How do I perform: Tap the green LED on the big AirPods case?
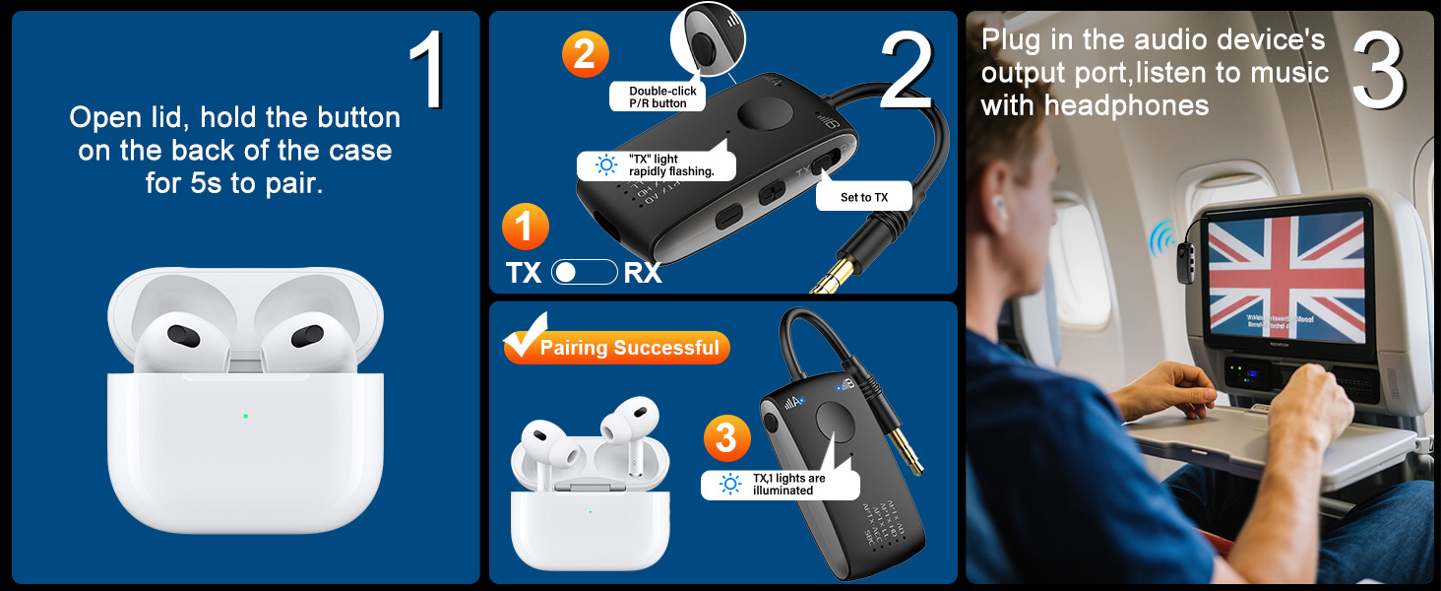click(x=245, y=416)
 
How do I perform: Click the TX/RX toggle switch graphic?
click(x=584, y=272)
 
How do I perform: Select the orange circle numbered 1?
click(x=525, y=228)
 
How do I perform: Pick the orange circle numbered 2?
click(x=585, y=54)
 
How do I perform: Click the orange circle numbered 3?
click(x=726, y=438)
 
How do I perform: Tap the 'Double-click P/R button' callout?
click(x=662, y=97)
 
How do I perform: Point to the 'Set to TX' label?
click(x=863, y=197)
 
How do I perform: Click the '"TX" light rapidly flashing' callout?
click(x=656, y=165)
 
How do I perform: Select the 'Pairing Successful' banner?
click(x=617, y=347)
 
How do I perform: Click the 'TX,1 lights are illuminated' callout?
click(x=780, y=484)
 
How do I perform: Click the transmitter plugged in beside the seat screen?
click(x=1181, y=252)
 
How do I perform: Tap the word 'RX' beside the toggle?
click(x=643, y=273)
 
